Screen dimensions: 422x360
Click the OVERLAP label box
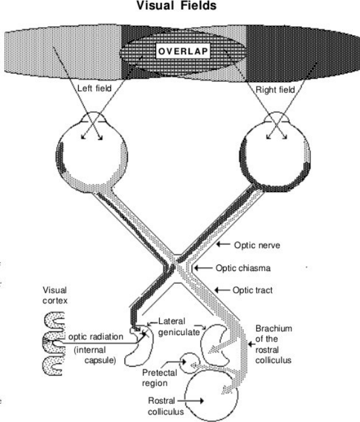pyautogui.click(x=184, y=51)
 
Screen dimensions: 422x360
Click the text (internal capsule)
pyautogui.click(x=97, y=355)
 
